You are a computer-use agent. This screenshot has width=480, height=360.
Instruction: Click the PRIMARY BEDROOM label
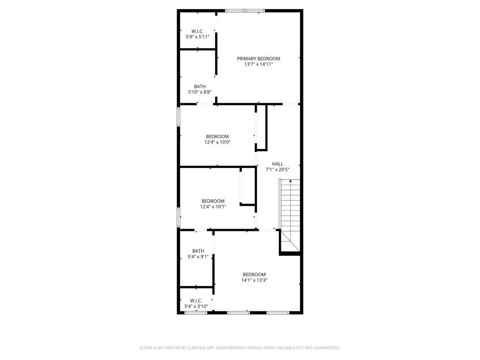click(258, 59)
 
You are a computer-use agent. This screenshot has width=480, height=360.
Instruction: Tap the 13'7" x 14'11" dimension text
click(258, 64)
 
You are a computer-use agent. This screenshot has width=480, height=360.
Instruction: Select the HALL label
click(277, 164)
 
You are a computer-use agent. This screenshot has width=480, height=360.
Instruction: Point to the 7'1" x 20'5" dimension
click(277, 169)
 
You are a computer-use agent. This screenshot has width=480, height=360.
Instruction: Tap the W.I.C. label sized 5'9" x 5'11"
click(197, 31)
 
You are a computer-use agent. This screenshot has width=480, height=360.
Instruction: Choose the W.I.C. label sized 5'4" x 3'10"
click(196, 300)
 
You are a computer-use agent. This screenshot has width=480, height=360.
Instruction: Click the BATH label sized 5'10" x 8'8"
click(200, 86)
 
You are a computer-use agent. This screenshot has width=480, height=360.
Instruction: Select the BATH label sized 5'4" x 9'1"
click(198, 251)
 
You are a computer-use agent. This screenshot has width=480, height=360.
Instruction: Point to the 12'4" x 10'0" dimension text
click(217, 142)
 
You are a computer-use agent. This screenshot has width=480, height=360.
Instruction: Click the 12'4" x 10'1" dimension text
click(213, 206)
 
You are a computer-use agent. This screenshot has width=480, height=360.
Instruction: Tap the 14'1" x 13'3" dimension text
click(254, 280)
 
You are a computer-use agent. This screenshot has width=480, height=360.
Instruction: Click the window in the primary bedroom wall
click(245, 11)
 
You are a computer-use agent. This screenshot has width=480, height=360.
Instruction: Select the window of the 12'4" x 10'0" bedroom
click(179, 116)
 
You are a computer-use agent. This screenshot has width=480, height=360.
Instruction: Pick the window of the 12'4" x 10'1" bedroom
click(179, 217)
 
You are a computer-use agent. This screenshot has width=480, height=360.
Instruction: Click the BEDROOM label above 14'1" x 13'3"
click(254, 274)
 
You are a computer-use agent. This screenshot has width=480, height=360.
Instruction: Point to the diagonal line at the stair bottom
click(290, 241)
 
